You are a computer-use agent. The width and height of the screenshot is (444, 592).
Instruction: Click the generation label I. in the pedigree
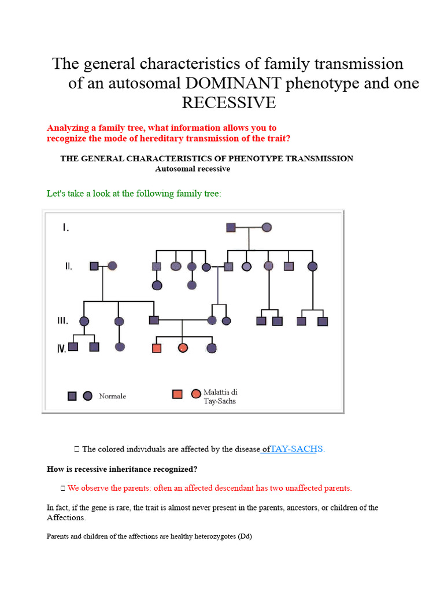tap(66, 228)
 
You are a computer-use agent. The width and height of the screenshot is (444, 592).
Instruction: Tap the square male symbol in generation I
tap(231, 228)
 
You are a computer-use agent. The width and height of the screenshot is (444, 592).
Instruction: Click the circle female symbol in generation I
tap(267, 228)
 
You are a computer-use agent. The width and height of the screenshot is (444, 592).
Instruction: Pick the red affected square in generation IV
tap(157, 348)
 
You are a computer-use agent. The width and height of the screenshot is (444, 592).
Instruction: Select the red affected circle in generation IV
tap(183, 348)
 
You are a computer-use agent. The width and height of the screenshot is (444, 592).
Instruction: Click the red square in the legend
tap(177, 394)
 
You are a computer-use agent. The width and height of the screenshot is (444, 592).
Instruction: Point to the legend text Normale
tap(112, 396)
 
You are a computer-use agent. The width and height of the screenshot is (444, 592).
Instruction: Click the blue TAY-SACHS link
tap(294, 449)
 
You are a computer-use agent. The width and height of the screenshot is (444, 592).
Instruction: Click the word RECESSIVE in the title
tap(229, 103)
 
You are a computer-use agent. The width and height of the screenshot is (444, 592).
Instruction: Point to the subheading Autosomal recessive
tap(193, 169)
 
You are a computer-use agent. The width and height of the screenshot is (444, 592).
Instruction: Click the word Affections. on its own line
tap(66, 517)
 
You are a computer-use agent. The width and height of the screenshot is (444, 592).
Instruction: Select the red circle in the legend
tap(196, 394)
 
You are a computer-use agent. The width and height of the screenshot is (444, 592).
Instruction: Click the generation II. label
tap(68, 267)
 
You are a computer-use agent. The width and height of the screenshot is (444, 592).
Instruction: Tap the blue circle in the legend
tap(87, 396)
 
